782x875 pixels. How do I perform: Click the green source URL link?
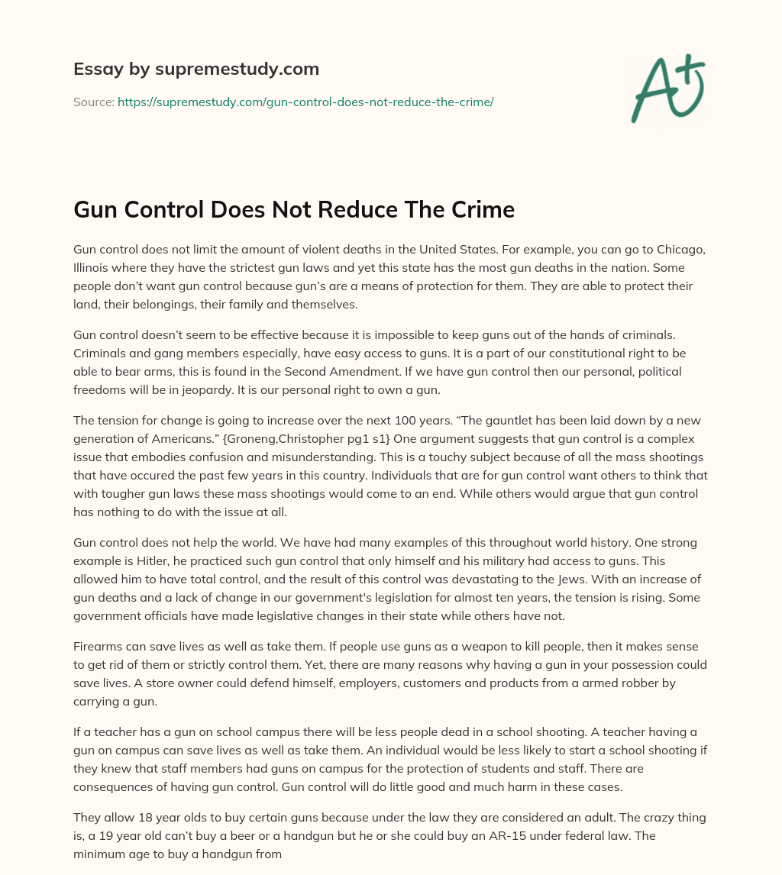[305, 102]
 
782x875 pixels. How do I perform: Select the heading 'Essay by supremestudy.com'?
[196, 69]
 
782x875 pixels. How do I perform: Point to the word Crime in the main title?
[482, 211]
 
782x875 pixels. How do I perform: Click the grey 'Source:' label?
[93, 102]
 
